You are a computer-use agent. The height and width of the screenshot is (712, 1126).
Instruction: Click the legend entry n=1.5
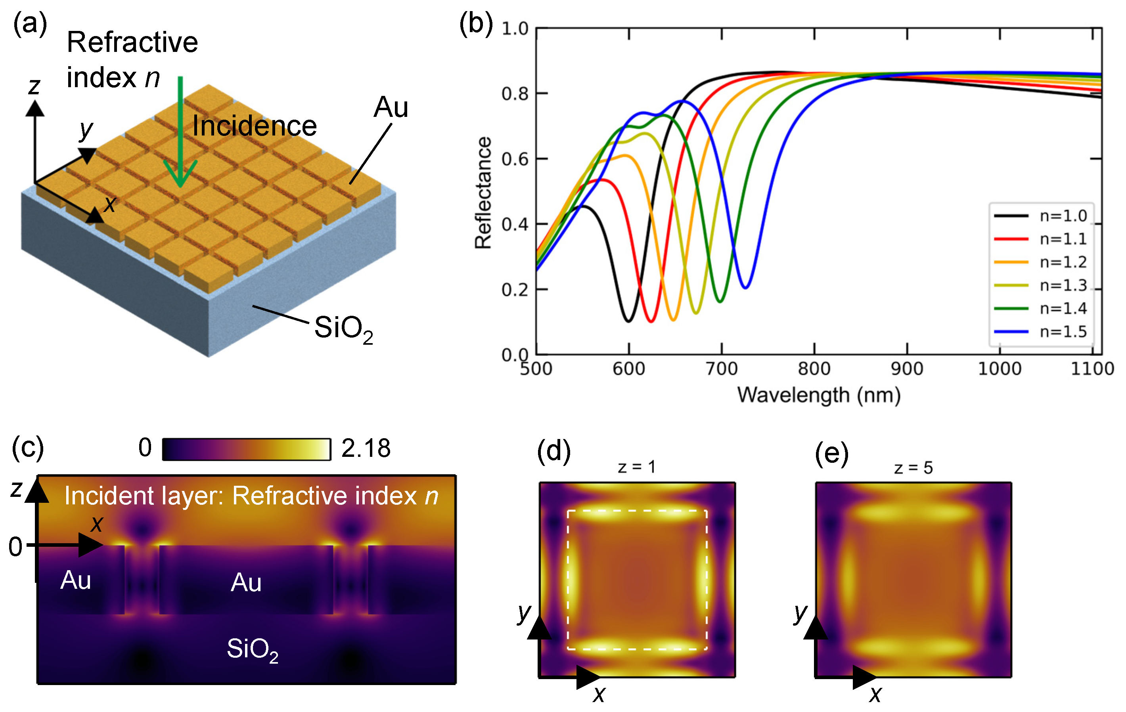pyautogui.click(x=1063, y=332)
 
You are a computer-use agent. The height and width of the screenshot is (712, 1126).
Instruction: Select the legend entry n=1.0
pyautogui.click(x=1063, y=216)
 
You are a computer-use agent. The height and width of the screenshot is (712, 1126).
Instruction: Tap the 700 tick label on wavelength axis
pyautogui.click(x=722, y=369)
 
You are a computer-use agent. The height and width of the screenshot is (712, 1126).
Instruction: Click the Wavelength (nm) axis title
pyautogui.click(x=819, y=395)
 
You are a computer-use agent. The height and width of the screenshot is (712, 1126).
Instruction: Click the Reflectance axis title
pyautogui.click(x=483, y=193)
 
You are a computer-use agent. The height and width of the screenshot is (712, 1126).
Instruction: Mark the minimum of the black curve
pyautogui.click(x=628, y=321)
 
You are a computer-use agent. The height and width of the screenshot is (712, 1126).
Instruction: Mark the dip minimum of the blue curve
pyautogui.click(x=746, y=287)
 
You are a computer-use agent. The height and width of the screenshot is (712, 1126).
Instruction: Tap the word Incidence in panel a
pyautogui.click(x=255, y=126)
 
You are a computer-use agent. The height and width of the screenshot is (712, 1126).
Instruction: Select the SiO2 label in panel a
pyautogui.click(x=343, y=328)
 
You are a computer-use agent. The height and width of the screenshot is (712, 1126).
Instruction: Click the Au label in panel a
pyautogui.click(x=391, y=107)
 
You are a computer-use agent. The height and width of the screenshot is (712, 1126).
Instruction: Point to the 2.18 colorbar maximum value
pyautogui.click(x=366, y=449)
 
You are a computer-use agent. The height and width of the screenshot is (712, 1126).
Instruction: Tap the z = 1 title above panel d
pyautogui.click(x=636, y=467)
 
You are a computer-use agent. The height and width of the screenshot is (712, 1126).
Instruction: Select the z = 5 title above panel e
pyautogui.click(x=913, y=468)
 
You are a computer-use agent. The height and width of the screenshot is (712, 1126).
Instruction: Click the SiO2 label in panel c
pyautogui.click(x=253, y=649)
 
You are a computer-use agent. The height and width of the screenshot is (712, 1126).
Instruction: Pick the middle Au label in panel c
pyautogui.click(x=246, y=582)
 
